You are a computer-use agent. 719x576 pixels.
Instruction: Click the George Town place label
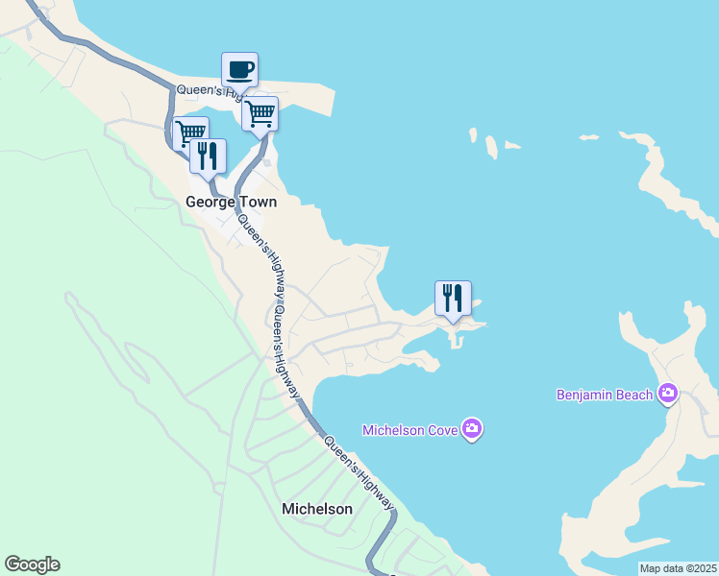coord(231,203)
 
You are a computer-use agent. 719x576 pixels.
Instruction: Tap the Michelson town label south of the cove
coord(317,509)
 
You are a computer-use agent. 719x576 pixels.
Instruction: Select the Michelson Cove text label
coord(409,429)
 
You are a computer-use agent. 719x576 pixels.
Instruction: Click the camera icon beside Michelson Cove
coord(471,428)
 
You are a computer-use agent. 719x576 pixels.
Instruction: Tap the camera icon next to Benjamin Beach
coord(668,394)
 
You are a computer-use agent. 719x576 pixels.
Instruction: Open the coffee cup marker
coord(239,70)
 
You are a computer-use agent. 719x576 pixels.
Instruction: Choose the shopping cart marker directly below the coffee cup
coord(260,114)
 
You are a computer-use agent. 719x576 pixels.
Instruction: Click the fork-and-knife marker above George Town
coord(208,156)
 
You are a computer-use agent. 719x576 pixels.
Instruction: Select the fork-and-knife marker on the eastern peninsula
coord(454,298)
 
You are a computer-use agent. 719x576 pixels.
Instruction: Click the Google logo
coord(32,564)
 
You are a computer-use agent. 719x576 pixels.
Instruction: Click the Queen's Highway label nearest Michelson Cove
coord(357,471)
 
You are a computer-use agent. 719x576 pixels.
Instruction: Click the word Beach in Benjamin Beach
coord(633,395)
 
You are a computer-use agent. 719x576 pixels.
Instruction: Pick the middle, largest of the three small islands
coord(492,147)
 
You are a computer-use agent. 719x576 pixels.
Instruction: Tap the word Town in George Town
coord(258,203)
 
